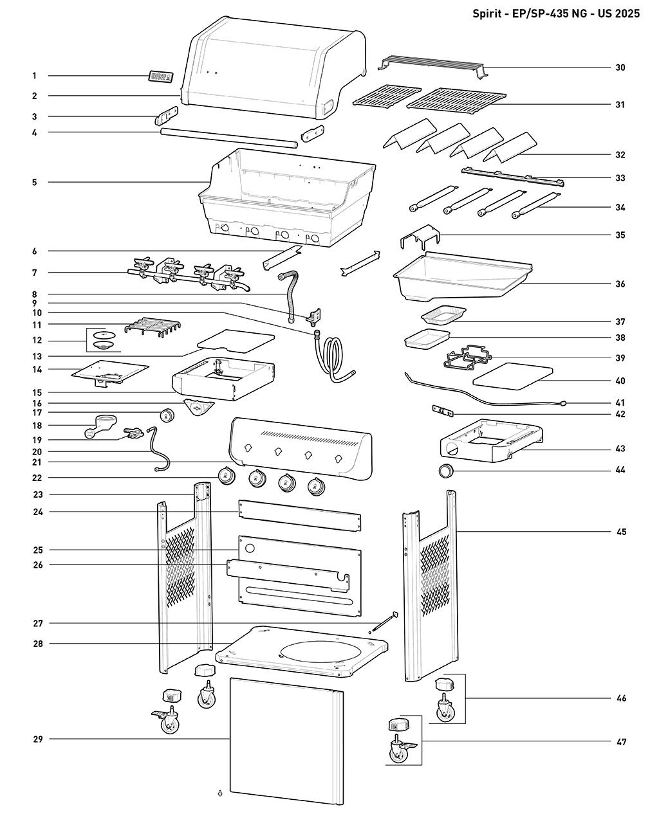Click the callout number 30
tap(620, 68)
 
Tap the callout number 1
tap(34, 76)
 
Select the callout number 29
tap(37, 739)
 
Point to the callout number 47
tap(620, 742)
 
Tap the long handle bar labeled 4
tap(229, 138)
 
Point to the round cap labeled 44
tap(445, 471)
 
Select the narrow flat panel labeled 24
tap(299, 515)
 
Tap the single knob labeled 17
tap(167, 415)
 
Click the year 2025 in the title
tap(626, 13)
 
